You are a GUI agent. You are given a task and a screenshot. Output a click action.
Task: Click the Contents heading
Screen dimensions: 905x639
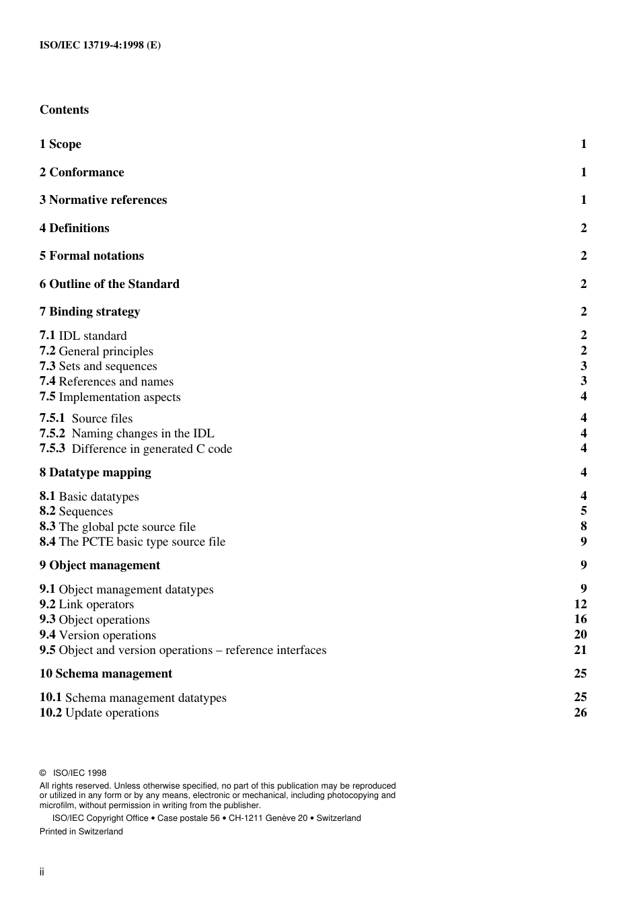point(64,110)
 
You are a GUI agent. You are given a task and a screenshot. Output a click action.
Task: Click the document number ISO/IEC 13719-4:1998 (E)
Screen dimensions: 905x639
point(100,46)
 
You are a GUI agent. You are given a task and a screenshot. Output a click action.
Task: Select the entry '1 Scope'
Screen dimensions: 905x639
point(60,144)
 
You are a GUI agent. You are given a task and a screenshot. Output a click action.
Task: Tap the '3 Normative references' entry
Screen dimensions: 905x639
point(103,200)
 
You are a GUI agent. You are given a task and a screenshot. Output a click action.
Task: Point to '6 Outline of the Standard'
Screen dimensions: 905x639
point(109,284)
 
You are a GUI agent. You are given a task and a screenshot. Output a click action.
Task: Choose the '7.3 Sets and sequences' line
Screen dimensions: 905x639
point(98,366)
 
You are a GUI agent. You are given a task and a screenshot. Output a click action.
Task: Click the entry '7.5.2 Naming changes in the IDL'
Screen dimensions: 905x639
point(126,433)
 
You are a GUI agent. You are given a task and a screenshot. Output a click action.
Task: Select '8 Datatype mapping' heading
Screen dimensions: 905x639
point(95,472)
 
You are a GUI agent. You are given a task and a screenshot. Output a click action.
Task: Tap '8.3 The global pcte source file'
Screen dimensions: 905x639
point(117,527)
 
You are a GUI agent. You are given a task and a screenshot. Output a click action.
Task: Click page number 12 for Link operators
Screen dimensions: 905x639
point(580,604)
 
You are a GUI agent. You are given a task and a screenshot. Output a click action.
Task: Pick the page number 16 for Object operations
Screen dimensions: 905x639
point(580,619)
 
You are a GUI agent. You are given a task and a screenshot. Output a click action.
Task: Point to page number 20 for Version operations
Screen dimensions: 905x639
point(580,635)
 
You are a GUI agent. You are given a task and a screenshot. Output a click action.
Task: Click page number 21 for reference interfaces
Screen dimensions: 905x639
point(580,650)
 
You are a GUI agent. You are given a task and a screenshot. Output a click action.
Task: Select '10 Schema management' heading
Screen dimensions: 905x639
point(106,674)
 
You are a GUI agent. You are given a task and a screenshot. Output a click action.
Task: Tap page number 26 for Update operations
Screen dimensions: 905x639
point(580,713)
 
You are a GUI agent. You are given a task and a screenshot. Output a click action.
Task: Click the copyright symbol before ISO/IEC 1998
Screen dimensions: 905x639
point(43,773)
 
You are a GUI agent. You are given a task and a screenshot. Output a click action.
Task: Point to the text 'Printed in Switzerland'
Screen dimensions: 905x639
point(81,832)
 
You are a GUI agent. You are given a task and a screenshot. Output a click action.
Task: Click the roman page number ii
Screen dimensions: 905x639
point(42,872)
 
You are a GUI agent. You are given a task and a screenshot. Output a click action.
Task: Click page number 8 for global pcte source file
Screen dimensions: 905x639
point(584,526)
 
